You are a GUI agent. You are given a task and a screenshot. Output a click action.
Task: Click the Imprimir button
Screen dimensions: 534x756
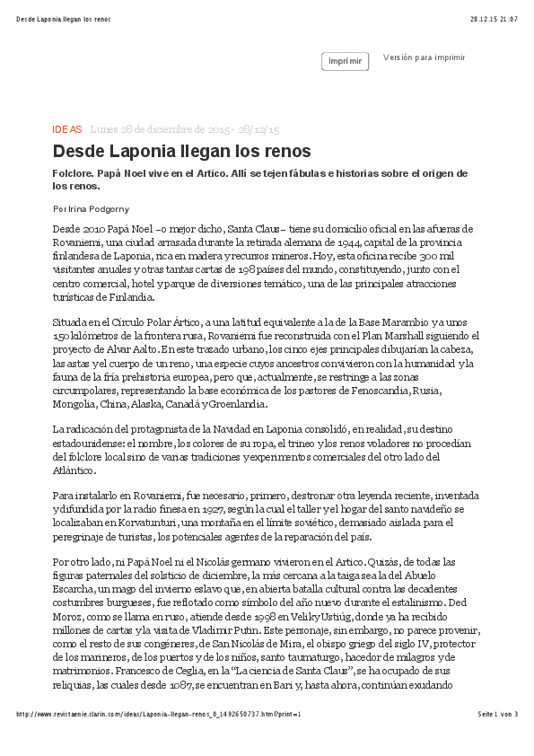tap(345, 61)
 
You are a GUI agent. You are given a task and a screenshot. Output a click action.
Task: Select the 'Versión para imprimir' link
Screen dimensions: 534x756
tap(424, 57)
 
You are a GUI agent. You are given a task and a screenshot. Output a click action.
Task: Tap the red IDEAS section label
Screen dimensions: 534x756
tap(67, 129)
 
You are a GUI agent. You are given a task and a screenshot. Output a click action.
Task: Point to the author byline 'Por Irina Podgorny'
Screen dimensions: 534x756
tap(91, 208)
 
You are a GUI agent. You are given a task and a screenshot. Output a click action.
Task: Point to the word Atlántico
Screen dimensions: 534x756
tap(74, 470)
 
